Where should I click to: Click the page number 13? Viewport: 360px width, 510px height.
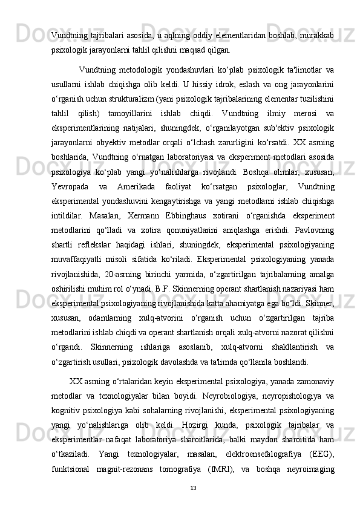[193, 488]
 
